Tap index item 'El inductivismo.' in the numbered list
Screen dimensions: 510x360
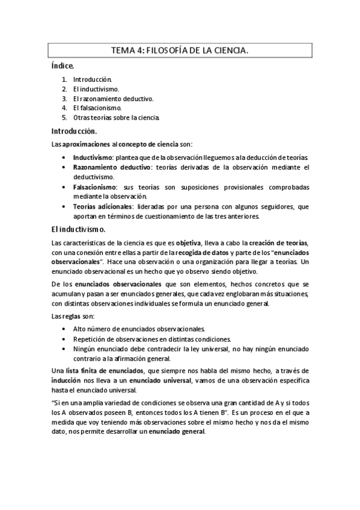click(x=96, y=88)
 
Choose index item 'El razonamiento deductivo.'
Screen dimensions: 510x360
click(x=113, y=98)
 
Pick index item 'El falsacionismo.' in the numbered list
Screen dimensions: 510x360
click(x=97, y=108)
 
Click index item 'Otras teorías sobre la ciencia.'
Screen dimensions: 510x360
click(x=117, y=117)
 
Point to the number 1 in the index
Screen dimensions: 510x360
click(x=64, y=79)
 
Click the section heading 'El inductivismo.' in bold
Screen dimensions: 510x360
click(x=79, y=229)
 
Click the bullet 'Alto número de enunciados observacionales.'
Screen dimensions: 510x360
click(x=139, y=329)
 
